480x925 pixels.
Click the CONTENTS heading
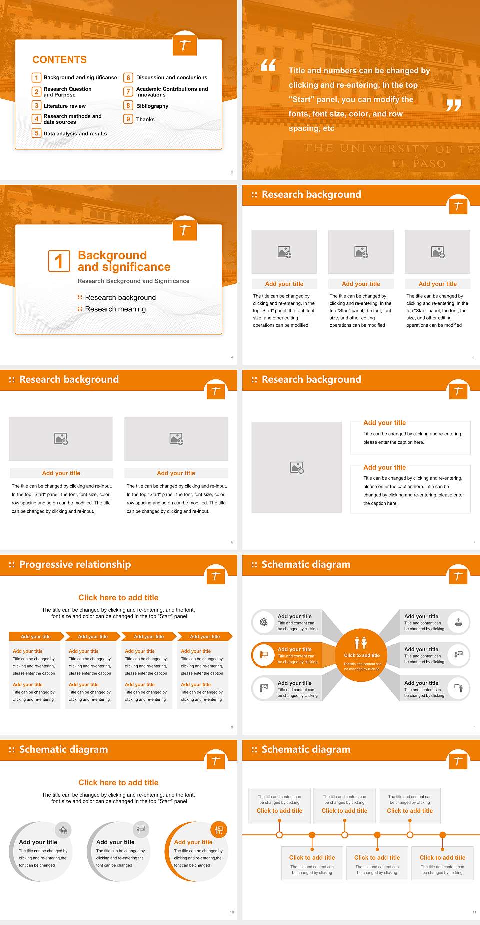click(59, 60)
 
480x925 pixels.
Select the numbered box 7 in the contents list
click(128, 92)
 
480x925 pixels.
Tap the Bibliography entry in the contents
click(152, 106)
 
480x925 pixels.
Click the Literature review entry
click(64, 106)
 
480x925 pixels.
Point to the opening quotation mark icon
click(268, 65)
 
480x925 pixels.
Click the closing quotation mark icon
click(453, 105)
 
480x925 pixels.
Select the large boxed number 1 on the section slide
click(59, 261)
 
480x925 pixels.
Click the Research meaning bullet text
click(115, 309)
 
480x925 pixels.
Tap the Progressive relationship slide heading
click(75, 565)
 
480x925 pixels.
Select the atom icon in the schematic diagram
click(264, 622)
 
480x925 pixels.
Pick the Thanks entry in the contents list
click(145, 120)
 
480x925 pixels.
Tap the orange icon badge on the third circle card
click(219, 830)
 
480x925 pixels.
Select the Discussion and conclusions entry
click(171, 78)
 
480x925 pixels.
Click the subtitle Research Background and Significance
click(133, 281)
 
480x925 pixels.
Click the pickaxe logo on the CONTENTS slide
click(184, 46)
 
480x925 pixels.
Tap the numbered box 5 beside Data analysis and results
click(36, 133)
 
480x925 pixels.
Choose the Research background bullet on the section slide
click(120, 298)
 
